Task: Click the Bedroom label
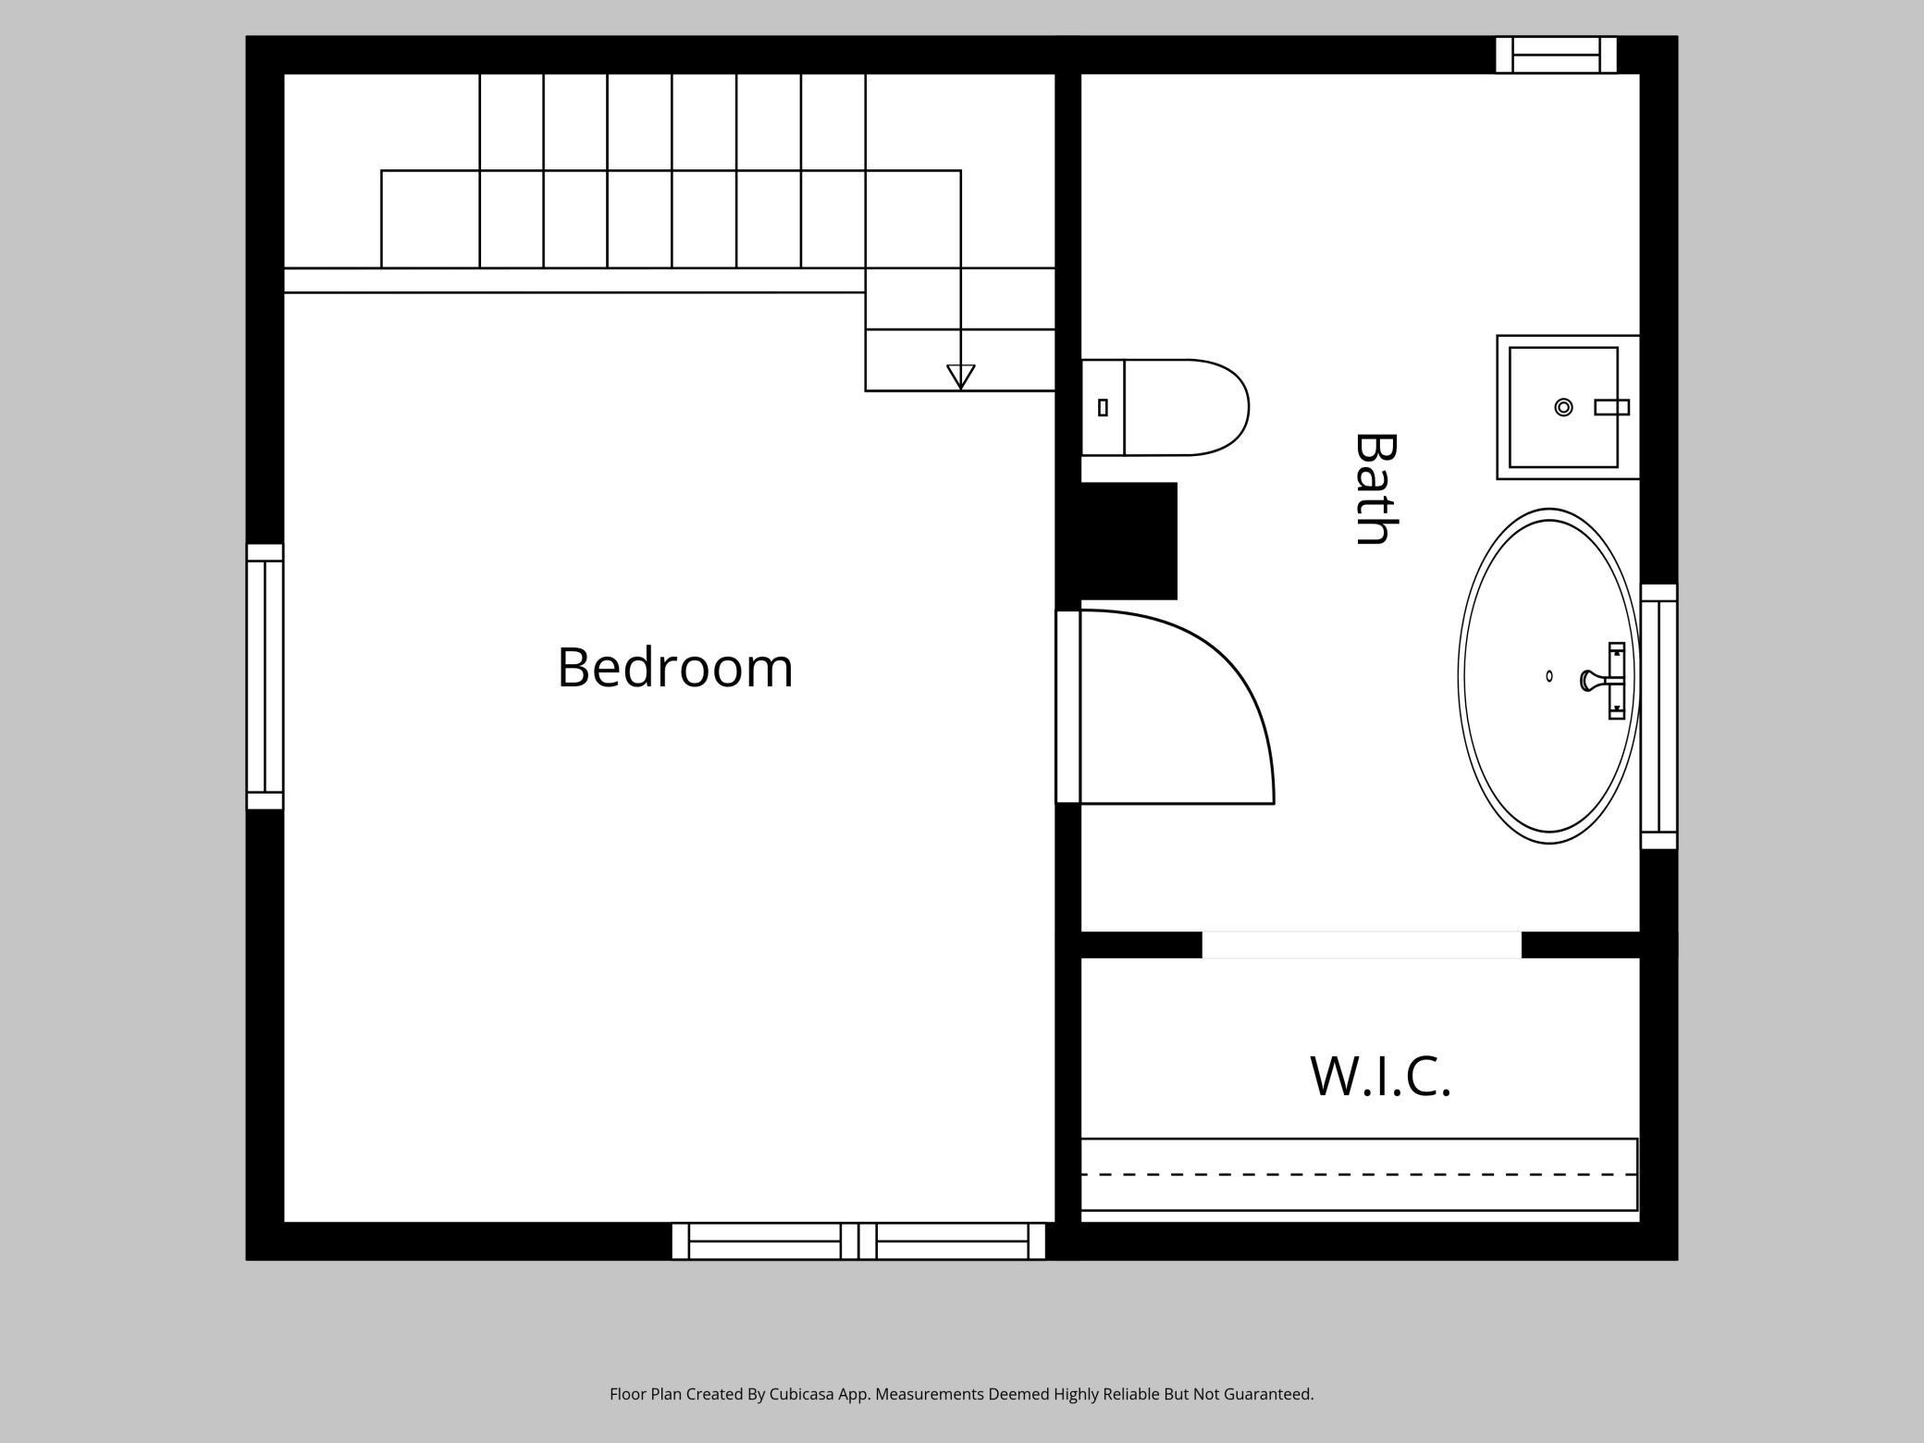tap(675, 668)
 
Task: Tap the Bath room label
tap(1375, 489)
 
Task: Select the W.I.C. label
tap(1380, 1077)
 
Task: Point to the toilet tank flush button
tap(1103, 407)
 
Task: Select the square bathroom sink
tap(1563, 407)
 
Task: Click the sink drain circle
tap(1563, 407)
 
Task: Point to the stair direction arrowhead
tap(961, 376)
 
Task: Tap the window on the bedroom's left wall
tap(265, 676)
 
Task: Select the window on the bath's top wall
tap(1556, 55)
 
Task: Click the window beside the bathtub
tap(1659, 717)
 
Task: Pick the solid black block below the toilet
tap(1128, 540)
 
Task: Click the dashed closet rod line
tap(1360, 1174)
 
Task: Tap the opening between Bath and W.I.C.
tap(1361, 944)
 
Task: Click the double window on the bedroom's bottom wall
tap(858, 1241)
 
